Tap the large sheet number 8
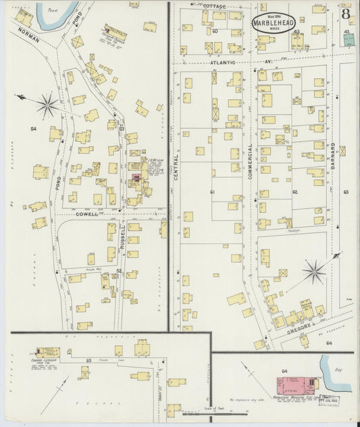tap(345, 12)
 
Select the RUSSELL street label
tap(124, 236)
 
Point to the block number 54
tap(32, 128)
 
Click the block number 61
tap(212, 192)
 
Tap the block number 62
tap(294, 192)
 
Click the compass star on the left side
tap(47, 104)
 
